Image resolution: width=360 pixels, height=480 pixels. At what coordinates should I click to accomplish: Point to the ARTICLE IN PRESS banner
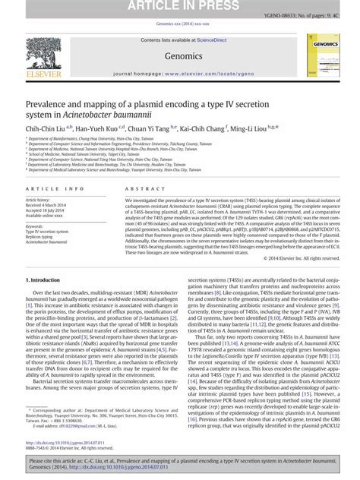179,7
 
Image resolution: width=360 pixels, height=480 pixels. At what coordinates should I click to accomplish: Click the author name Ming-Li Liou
258,130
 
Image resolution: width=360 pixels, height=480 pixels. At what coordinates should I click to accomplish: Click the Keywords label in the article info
36,225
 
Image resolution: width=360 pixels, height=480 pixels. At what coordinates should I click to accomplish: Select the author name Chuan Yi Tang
154,130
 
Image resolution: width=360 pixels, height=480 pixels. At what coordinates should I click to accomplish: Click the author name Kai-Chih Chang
206,130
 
